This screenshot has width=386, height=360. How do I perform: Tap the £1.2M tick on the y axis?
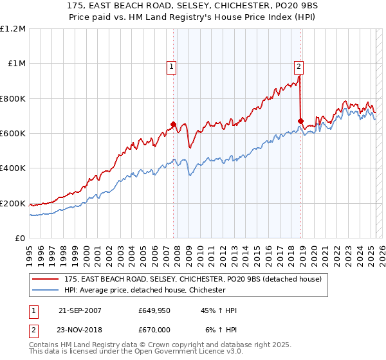point(14,29)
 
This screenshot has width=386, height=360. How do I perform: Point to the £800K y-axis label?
point(12,99)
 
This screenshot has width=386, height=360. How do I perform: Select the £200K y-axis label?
point(12,203)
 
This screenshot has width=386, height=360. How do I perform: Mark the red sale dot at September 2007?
point(173,125)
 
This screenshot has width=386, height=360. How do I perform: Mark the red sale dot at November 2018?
point(300,121)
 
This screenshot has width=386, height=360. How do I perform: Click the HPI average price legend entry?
point(144,291)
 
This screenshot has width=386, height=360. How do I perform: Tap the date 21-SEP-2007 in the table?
point(80,310)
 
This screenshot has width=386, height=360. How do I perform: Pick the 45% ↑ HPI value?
point(219,310)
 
